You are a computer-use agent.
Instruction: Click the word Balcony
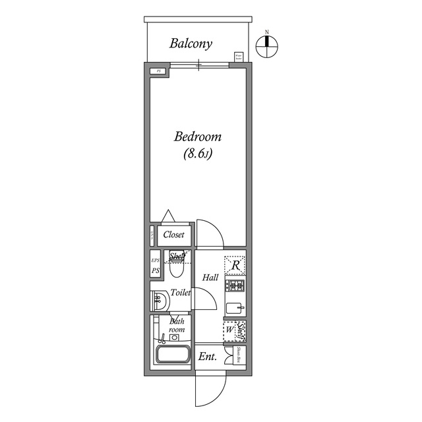(191, 44)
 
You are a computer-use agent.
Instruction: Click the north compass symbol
(268, 46)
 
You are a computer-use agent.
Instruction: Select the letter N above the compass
(268, 32)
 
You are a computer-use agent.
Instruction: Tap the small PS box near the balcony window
(158, 71)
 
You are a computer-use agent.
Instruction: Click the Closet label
(174, 235)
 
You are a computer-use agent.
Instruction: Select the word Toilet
(181, 292)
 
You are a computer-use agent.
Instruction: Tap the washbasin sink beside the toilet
(159, 301)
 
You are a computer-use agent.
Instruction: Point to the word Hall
(211, 278)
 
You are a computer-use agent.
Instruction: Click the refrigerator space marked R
(235, 265)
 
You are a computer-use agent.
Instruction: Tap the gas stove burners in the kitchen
(235, 286)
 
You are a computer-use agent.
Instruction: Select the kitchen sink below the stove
(235, 307)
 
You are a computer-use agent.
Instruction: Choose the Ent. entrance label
(208, 357)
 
